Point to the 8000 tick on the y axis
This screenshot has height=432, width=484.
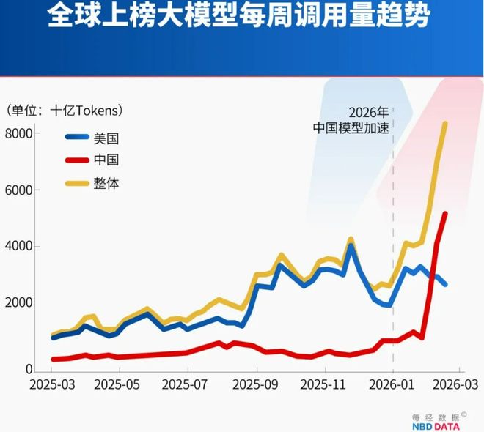tap(18, 134)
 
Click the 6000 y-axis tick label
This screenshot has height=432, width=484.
tap(18, 190)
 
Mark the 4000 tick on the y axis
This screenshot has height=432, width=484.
tap(18, 247)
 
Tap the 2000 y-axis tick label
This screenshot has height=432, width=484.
tap(18, 303)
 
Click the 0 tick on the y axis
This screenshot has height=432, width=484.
tap(29, 369)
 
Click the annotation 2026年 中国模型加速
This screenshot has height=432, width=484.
tap(360, 119)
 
